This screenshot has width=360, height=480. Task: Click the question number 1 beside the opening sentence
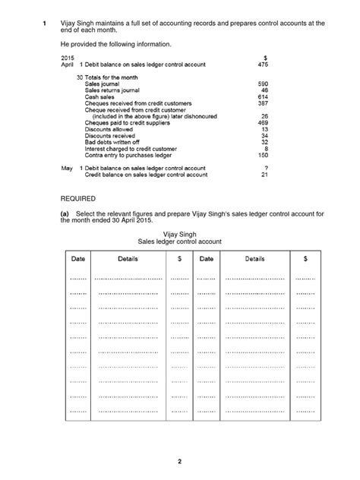(44, 24)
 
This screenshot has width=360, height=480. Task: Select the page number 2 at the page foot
(180, 461)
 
